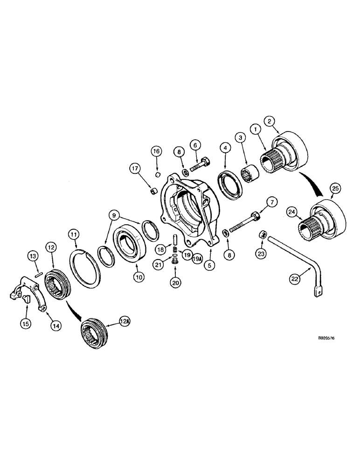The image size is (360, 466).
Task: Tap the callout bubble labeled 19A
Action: click(197, 257)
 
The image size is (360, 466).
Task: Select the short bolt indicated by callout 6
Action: click(200, 165)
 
